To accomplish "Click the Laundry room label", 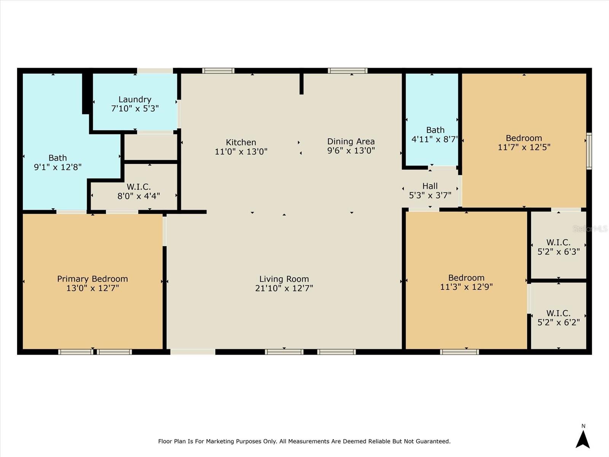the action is point(135,99).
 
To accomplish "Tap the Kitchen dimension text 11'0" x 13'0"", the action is point(241,152).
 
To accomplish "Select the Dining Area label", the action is point(351,142).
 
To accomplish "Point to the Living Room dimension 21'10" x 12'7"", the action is point(284,288).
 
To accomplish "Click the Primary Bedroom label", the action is point(92,279).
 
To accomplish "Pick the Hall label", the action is point(430,186).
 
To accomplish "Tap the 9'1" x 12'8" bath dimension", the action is point(58,167).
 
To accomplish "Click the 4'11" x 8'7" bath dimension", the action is point(435,139).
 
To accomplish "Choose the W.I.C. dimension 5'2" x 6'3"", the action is point(559,252).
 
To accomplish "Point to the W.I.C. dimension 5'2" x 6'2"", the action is point(559,322).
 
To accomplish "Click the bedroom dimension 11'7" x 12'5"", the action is point(524,147).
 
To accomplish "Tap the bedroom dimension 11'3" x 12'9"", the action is point(466,287).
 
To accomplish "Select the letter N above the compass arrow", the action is point(583,426).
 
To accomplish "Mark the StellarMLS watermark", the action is point(590,228).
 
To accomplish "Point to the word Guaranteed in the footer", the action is point(435,441).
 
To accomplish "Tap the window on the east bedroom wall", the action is point(589,151).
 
